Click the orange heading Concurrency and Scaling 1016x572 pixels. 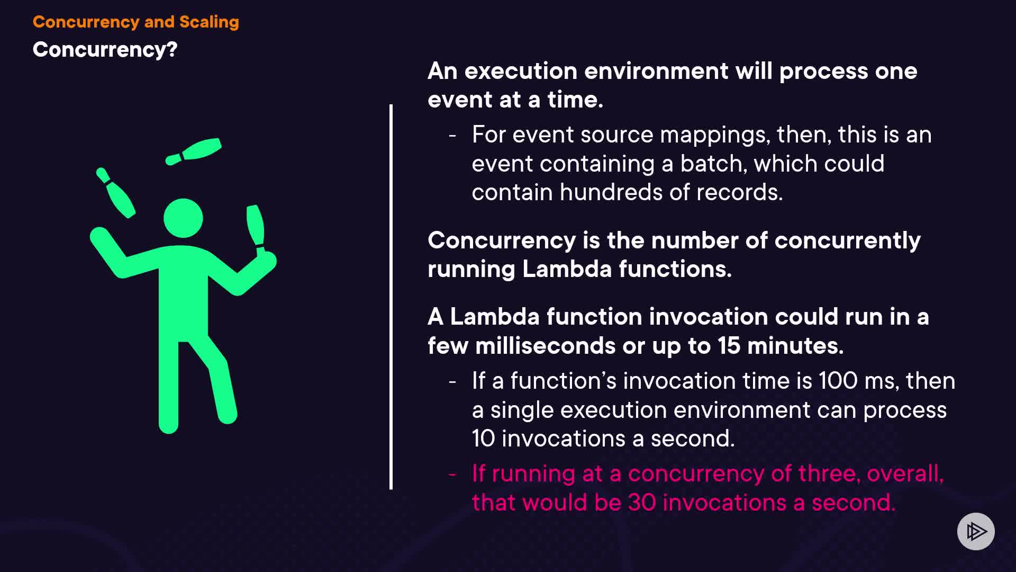tap(136, 22)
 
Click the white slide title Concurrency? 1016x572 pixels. tap(105, 50)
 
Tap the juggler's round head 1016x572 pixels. tap(183, 218)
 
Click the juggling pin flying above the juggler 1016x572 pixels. tap(193, 151)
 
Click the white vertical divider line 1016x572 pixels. tap(391, 297)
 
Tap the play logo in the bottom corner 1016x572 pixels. tap(976, 531)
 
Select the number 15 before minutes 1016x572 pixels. tap(729, 346)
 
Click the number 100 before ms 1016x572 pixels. tap(838, 381)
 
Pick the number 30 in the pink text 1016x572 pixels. tap(641, 503)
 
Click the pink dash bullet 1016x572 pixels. tap(452, 474)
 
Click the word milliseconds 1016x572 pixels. tap(545, 346)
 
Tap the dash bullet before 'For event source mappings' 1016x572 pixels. tap(452, 136)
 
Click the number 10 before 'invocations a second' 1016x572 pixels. tap(483, 439)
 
